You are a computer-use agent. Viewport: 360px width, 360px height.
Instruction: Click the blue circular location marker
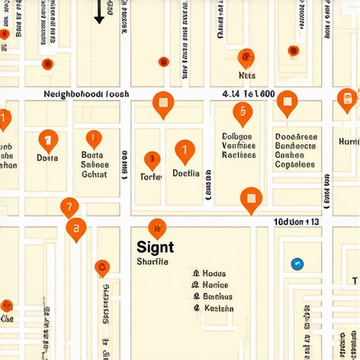[297, 264]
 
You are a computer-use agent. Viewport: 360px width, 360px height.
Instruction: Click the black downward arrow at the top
[99, 13]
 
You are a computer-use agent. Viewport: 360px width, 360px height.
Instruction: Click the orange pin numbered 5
[243, 112]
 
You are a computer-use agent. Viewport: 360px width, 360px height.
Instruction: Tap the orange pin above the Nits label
[246, 58]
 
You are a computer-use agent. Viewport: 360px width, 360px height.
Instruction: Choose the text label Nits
[247, 75]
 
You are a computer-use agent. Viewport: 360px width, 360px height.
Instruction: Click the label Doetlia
[186, 173]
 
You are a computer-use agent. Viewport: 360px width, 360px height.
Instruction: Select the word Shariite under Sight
[153, 262]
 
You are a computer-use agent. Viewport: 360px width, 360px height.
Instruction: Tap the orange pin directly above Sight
[157, 228]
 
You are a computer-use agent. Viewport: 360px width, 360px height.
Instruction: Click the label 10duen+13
[296, 222]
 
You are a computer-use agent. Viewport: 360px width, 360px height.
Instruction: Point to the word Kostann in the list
[218, 308]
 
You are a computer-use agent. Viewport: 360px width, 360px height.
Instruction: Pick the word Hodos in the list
[214, 274]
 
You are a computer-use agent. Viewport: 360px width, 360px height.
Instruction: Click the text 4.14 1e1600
[248, 94]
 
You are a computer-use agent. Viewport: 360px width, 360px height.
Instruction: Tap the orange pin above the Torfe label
[151, 160]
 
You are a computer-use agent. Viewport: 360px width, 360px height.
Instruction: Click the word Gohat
[94, 174]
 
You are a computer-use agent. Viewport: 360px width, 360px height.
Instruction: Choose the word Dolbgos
[237, 136]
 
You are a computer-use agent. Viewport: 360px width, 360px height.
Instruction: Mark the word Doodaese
[296, 137]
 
